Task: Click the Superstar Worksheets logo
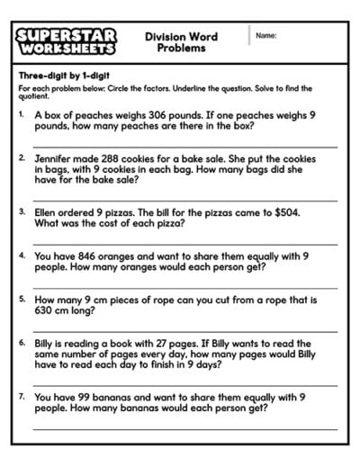(66, 40)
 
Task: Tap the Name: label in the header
(265, 36)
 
